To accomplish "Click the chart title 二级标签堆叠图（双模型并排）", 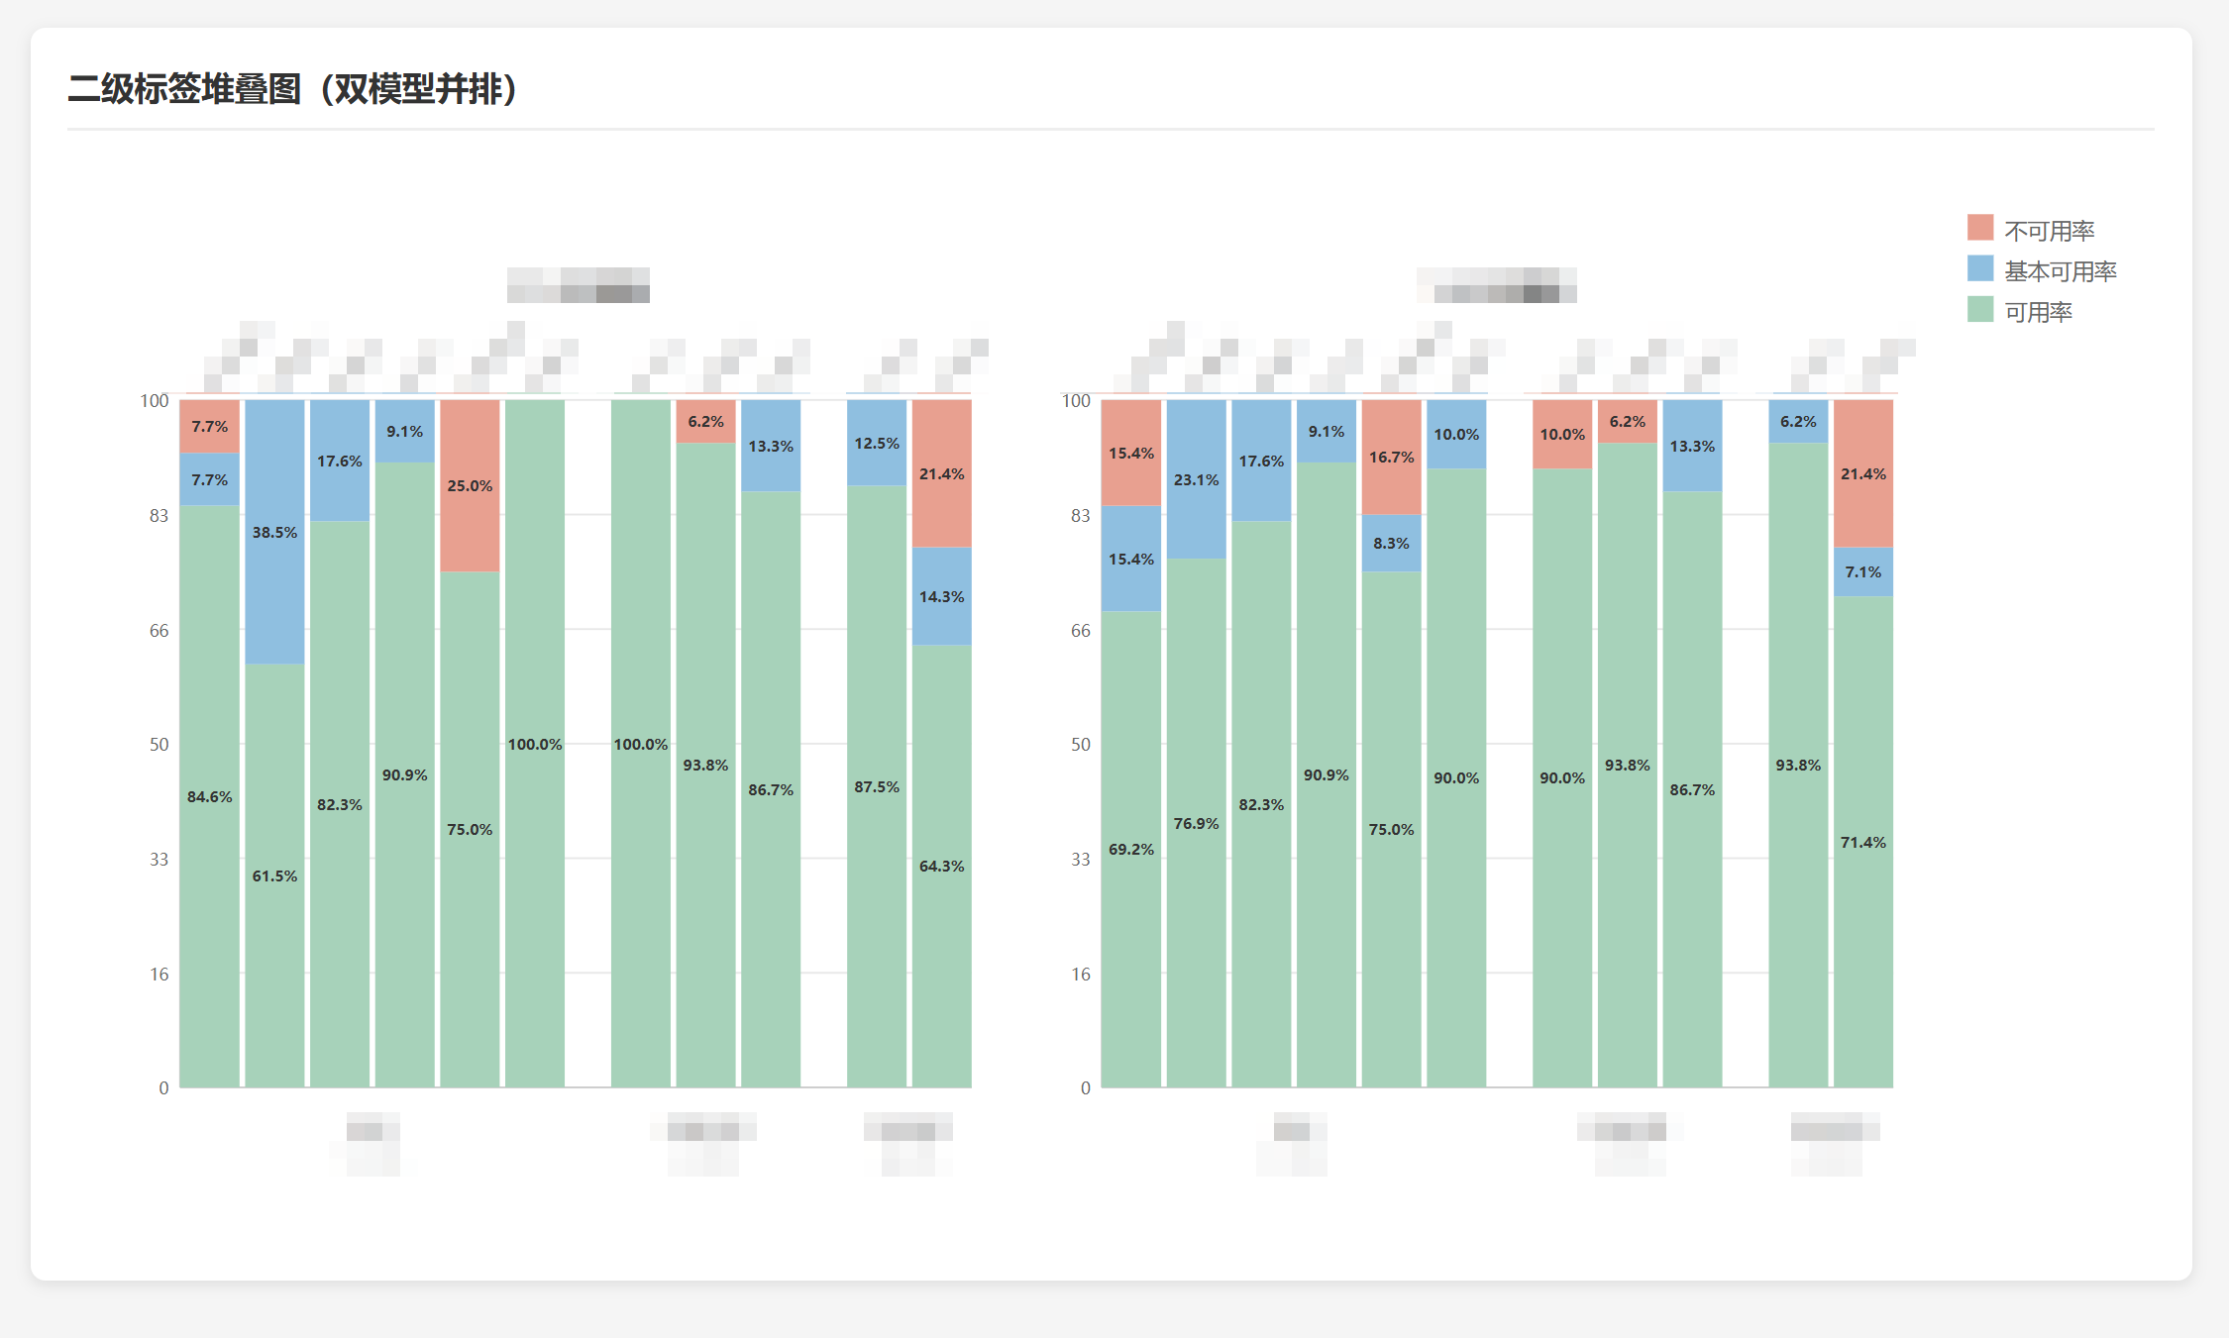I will pos(293,89).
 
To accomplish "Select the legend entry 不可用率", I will pos(2049,231).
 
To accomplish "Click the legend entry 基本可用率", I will pos(2060,271).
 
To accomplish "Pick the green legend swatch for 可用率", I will pos(1979,310).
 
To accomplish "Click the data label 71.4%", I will pos(1862,843).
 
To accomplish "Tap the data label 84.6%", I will pos(209,797).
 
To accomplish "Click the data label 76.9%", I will pos(1196,824).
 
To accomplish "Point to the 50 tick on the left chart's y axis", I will pos(159,745).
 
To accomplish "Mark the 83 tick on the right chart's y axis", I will pos(1080,516).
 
